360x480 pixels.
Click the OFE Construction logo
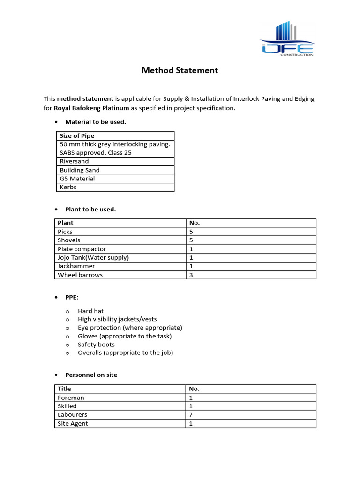coord(287,39)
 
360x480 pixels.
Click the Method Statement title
coord(180,71)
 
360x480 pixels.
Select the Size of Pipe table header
coord(77,136)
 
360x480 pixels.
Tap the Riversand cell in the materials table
coord(74,161)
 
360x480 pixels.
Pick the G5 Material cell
coord(77,179)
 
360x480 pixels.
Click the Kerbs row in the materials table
coord(68,187)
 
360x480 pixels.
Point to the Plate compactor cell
coord(82,249)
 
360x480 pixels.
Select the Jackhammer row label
coord(76,266)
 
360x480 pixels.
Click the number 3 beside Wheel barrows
coord(191,275)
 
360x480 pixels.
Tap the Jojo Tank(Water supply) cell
coord(93,257)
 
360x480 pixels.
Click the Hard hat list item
coord(90,311)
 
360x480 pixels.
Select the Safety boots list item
coord(96,345)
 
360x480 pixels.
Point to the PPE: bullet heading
coord(72,297)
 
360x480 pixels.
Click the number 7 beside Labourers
coord(191,415)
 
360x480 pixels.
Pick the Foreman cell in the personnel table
coord(71,397)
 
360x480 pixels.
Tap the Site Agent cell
coord(73,423)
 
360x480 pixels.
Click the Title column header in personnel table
coord(64,389)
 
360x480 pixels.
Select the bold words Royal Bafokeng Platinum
coord(91,108)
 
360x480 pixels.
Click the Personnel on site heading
coord(91,375)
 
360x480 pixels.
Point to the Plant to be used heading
coord(90,209)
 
